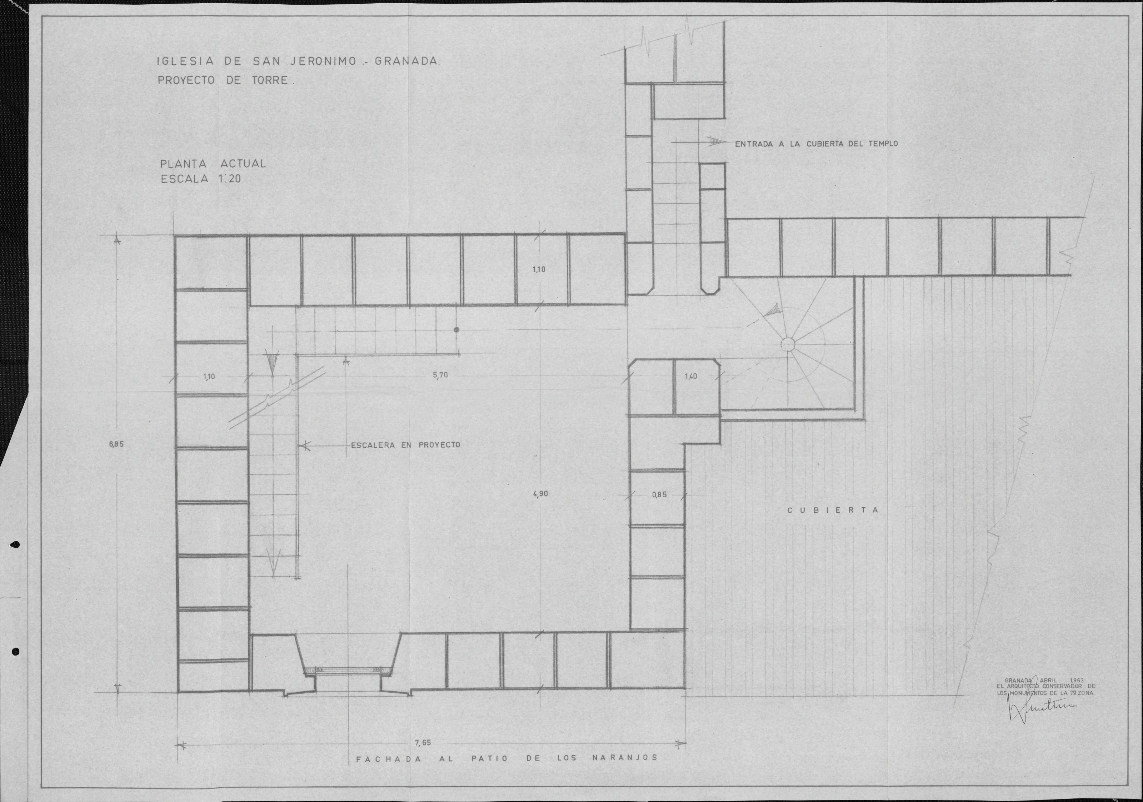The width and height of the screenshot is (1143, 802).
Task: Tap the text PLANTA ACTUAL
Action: pyautogui.click(x=213, y=163)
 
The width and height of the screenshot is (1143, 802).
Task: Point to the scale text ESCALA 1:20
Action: pyautogui.click(x=201, y=179)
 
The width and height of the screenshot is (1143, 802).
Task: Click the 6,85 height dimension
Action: pyautogui.click(x=116, y=444)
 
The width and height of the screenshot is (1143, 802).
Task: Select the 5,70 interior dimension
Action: pyautogui.click(x=440, y=375)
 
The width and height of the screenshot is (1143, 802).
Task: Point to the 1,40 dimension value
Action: pyautogui.click(x=691, y=377)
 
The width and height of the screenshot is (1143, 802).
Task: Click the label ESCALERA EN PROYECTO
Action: pyautogui.click(x=406, y=445)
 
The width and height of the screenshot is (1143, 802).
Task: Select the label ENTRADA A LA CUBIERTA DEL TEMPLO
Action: pyautogui.click(x=817, y=144)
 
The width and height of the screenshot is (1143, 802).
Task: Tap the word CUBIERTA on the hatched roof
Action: pyautogui.click(x=834, y=510)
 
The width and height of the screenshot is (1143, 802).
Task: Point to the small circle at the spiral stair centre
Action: pyautogui.click(x=788, y=344)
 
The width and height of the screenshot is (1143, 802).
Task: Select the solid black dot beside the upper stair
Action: pyautogui.click(x=456, y=330)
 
